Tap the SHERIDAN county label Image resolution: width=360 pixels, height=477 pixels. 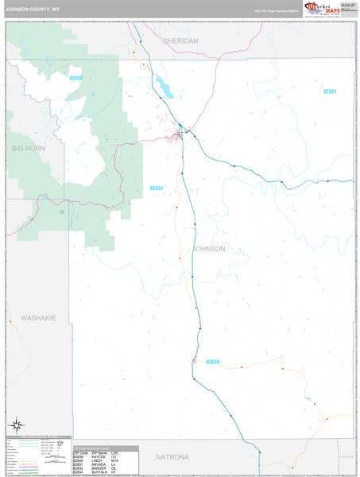(180, 40)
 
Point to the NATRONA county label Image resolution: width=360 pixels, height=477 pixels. (172, 458)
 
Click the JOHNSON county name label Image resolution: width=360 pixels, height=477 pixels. (209, 249)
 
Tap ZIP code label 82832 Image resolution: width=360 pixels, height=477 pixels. (76, 78)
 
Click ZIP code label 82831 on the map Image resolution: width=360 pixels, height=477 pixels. (329, 91)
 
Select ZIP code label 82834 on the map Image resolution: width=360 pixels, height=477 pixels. (157, 188)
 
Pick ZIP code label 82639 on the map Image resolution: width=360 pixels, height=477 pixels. (212, 362)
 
